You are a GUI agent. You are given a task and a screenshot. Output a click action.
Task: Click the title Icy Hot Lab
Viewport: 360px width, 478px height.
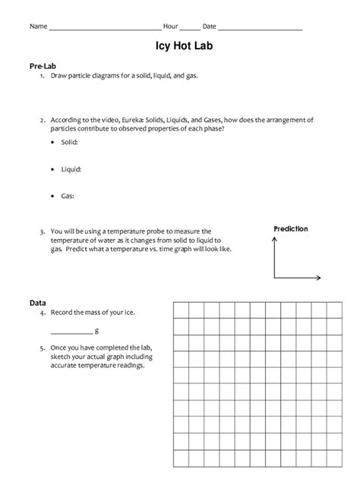180,47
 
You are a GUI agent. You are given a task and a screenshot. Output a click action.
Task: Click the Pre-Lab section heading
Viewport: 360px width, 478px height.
43,66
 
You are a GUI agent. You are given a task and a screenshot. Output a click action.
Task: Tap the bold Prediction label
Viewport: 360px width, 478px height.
290,228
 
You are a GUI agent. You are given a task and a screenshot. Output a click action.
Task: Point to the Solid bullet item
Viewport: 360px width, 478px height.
68,142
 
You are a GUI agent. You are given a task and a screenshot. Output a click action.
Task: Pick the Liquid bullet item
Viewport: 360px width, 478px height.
71,169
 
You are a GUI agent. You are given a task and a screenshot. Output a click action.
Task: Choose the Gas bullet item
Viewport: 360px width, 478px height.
68,196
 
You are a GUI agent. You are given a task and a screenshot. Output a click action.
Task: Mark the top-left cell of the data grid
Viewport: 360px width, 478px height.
181,310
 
